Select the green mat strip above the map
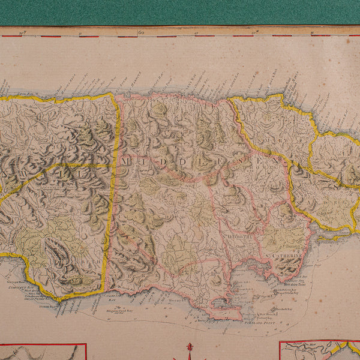tap(180, 12)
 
